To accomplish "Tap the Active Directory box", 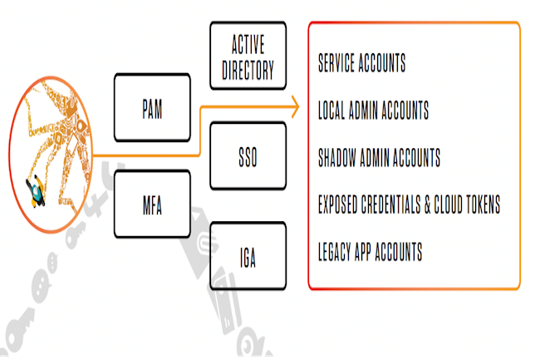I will [248, 57].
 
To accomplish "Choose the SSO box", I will [248, 155].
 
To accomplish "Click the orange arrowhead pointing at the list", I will [293, 106].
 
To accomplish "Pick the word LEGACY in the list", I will [336, 250].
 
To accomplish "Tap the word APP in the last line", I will [372, 250].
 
